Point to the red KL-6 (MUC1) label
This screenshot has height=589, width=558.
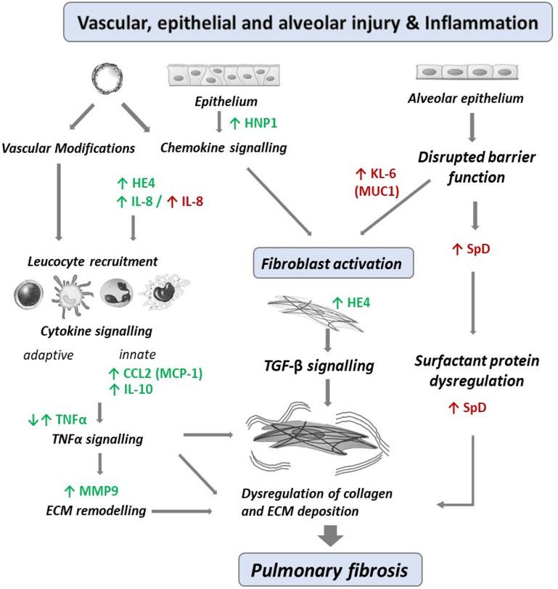coord(369,184)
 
